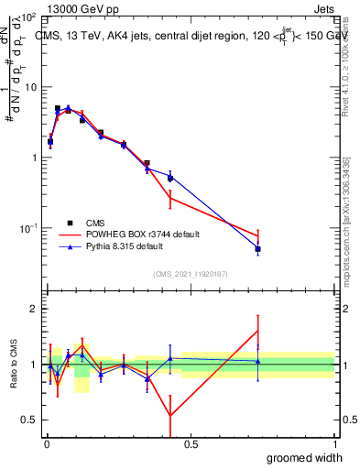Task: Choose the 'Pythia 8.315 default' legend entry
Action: pos(127,246)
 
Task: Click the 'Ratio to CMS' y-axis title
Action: pos(14,365)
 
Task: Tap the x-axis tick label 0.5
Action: pos(191,443)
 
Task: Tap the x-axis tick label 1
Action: pos(333,443)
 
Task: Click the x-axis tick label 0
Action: pos(46,443)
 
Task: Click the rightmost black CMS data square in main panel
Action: pos(258,249)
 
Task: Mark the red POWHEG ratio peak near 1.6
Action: pos(258,331)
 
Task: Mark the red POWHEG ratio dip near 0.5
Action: pos(170,416)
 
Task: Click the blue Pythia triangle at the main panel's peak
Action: pos(68,107)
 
